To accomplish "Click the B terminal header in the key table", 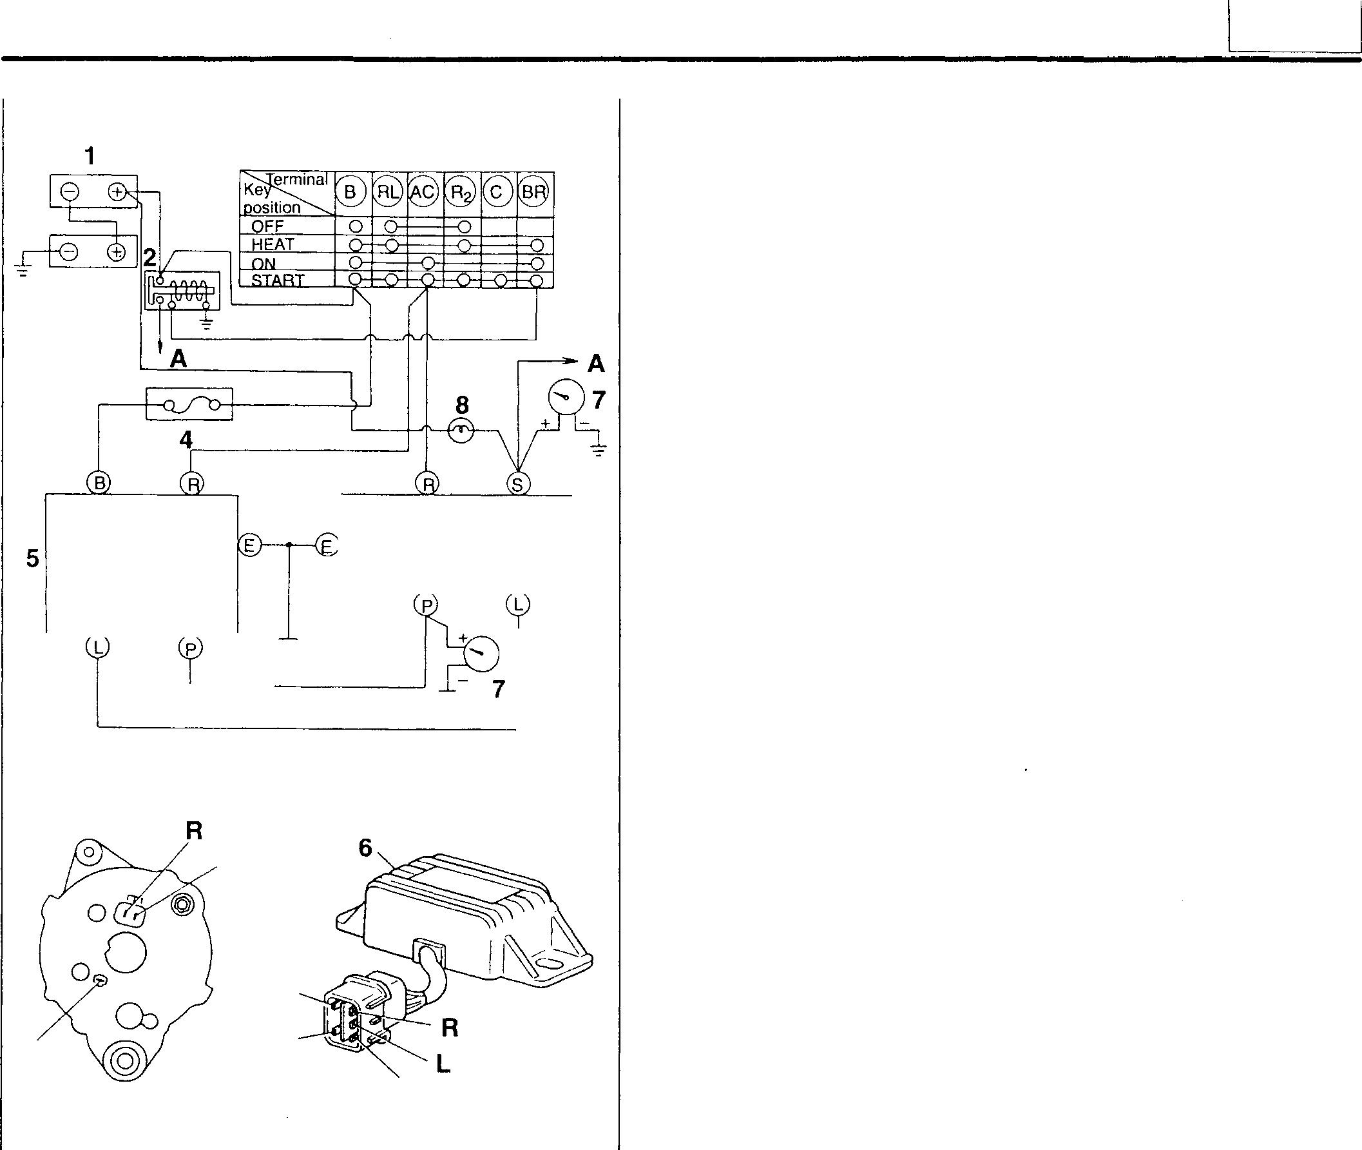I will click(x=350, y=192).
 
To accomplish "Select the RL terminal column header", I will click(x=388, y=192).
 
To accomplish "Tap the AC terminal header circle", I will click(x=423, y=192).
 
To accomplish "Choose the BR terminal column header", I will click(x=534, y=192).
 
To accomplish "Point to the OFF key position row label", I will click(x=268, y=227).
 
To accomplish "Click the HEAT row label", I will click(x=273, y=244).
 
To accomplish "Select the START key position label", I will click(x=278, y=280).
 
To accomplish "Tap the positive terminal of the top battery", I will click(x=117, y=191).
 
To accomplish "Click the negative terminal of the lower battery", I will click(x=70, y=251).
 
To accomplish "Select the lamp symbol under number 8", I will click(x=461, y=430).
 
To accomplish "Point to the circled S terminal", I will click(x=518, y=483).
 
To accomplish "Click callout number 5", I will click(x=33, y=558).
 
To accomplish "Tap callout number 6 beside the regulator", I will click(x=365, y=848).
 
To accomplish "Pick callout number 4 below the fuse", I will click(x=186, y=440).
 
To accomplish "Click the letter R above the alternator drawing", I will click(x=194, y=830).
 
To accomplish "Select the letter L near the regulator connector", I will click(x=443, y=1064).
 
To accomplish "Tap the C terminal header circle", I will click(x=497, y=192).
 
